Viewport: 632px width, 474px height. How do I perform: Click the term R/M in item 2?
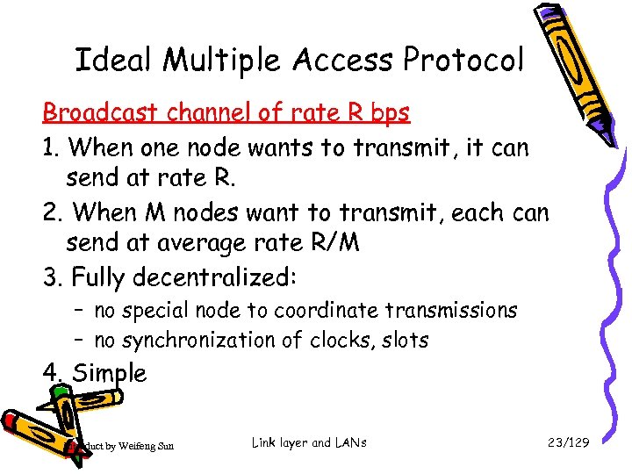tap(331, 243)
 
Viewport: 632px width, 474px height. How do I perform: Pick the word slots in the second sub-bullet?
tap(406, 340)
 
